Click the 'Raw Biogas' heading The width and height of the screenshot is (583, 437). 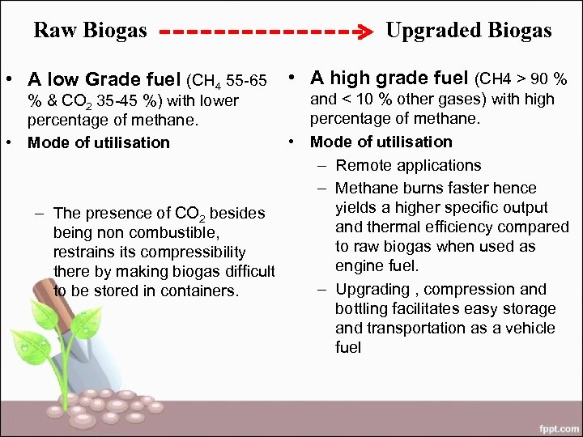pos(90,31)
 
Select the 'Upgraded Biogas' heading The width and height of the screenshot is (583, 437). pos(469,31)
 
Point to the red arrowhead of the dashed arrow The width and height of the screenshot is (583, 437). pos(365,33)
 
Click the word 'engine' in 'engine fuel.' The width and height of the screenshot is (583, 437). pos(358,266)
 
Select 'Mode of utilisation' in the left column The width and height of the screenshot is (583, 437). pos(99,143)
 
